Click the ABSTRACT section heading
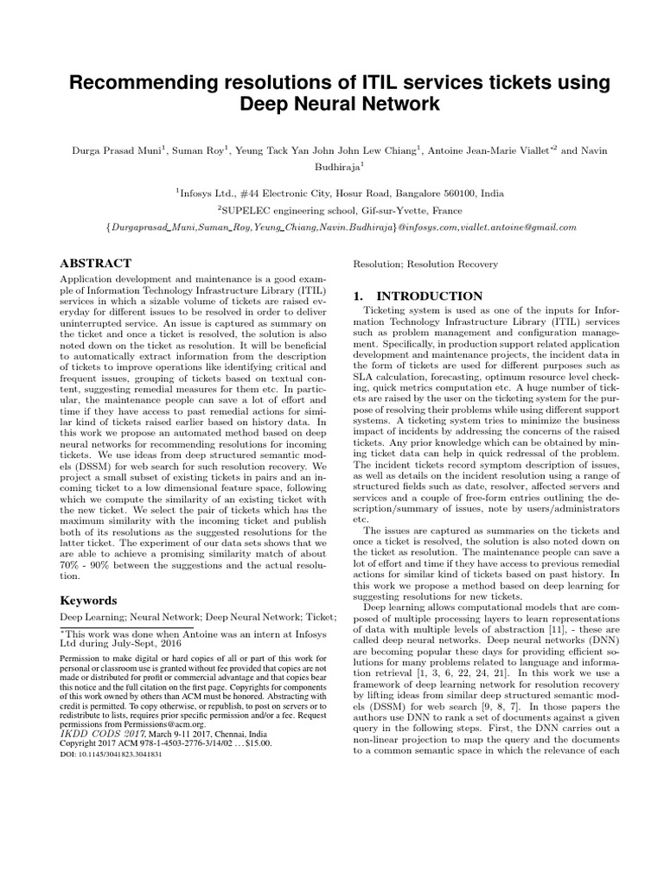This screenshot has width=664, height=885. coord(95,263)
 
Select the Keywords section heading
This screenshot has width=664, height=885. coord(88,599)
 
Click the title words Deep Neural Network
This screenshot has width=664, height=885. coord(332,105)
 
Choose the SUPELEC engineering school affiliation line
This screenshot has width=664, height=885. coord(332,210)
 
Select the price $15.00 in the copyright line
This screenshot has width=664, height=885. coord(254,742)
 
